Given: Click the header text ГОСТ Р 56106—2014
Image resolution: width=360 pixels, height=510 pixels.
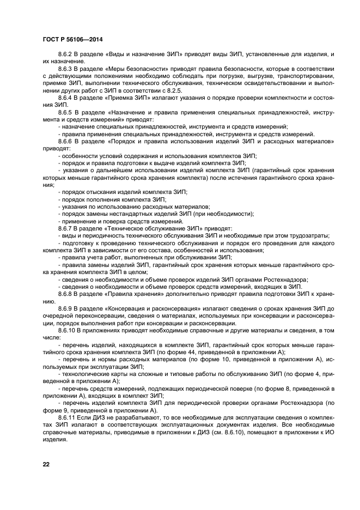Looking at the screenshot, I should [x=72, y=39].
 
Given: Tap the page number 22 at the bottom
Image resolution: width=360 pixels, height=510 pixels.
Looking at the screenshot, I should [x=46, y=463].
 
